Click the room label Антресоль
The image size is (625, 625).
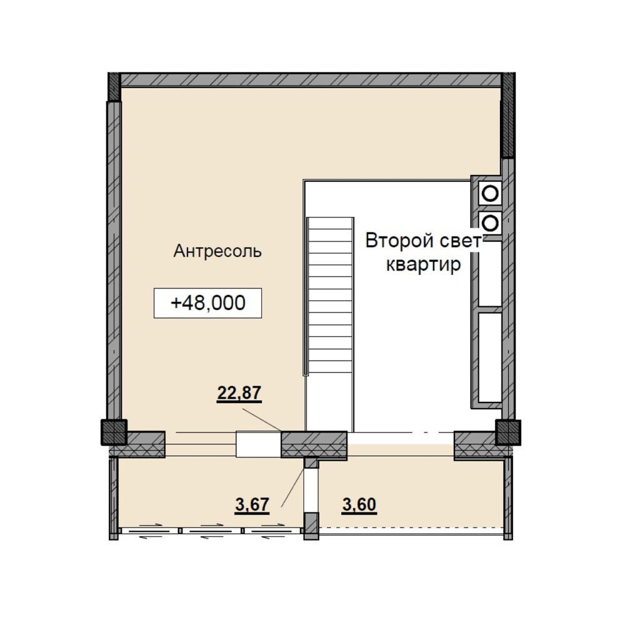[217, 251]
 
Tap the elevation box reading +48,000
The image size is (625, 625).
[207, 303]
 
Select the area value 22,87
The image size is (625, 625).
[239, 393]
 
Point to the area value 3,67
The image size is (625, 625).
[252, 504]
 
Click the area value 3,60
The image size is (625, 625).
[359, 504]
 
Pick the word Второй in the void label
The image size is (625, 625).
[399, 241]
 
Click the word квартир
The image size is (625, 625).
[423, 264]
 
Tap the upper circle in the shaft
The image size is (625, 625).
[490, 193]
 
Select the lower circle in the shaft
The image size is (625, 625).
[490, 223]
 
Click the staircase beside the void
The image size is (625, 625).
[329, 296]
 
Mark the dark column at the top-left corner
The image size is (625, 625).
[114, 86]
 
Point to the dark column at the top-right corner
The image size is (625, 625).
[508, 115]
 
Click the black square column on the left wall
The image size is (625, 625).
[114, 432]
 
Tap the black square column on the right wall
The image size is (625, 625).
[507, 432]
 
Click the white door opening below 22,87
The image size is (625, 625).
[259, 444]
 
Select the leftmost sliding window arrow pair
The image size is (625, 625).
[150, 531]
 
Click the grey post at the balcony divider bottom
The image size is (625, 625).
[311, 526]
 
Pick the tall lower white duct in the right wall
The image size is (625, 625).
[490, 357]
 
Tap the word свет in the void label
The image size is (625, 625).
[460, 241]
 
